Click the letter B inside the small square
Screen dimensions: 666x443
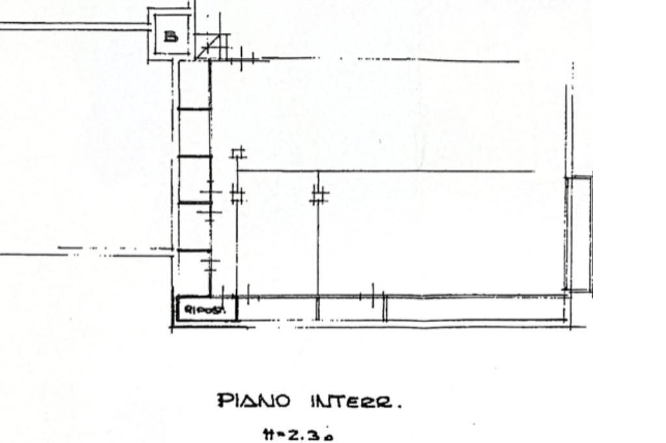pyautogui.click(x=170, y=36)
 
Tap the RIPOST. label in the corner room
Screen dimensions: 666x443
pyautogui.click(x=203, y=310)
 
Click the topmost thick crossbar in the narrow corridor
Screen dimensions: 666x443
pyautogui.click(x=194, y=108)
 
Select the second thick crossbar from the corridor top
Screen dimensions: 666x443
pyautogui.click(x=194, y=156)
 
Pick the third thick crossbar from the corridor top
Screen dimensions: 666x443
pyautogui.click(x=194, y=203)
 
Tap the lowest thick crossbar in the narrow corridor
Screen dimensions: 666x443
pyautogui.click(x=194, y=250)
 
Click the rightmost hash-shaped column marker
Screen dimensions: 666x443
pyautogui.click(x=319, y=195)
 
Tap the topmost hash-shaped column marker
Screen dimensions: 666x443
pyautogui.click(x=238, y=153)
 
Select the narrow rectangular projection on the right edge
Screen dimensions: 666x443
pyautogui.click(x=579, y=234)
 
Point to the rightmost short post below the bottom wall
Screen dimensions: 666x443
pyautogui.click(x=385, y=308)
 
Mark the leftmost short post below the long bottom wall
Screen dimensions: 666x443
pyautogui.click(x=317, y=308)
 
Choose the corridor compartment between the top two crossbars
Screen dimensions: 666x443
pyautogui.click(x=194, y=133)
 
